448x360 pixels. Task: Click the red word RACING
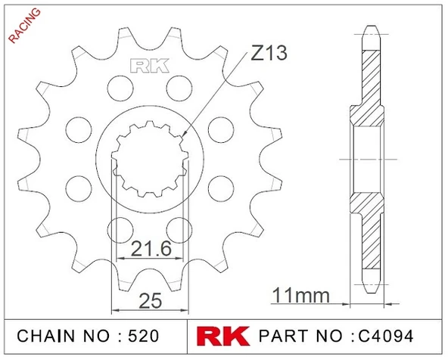(23, 26)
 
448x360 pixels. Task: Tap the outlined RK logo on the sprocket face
(148, 66)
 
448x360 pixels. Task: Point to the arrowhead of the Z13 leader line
(185, 136)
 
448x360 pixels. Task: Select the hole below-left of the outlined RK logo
(118, 85)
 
